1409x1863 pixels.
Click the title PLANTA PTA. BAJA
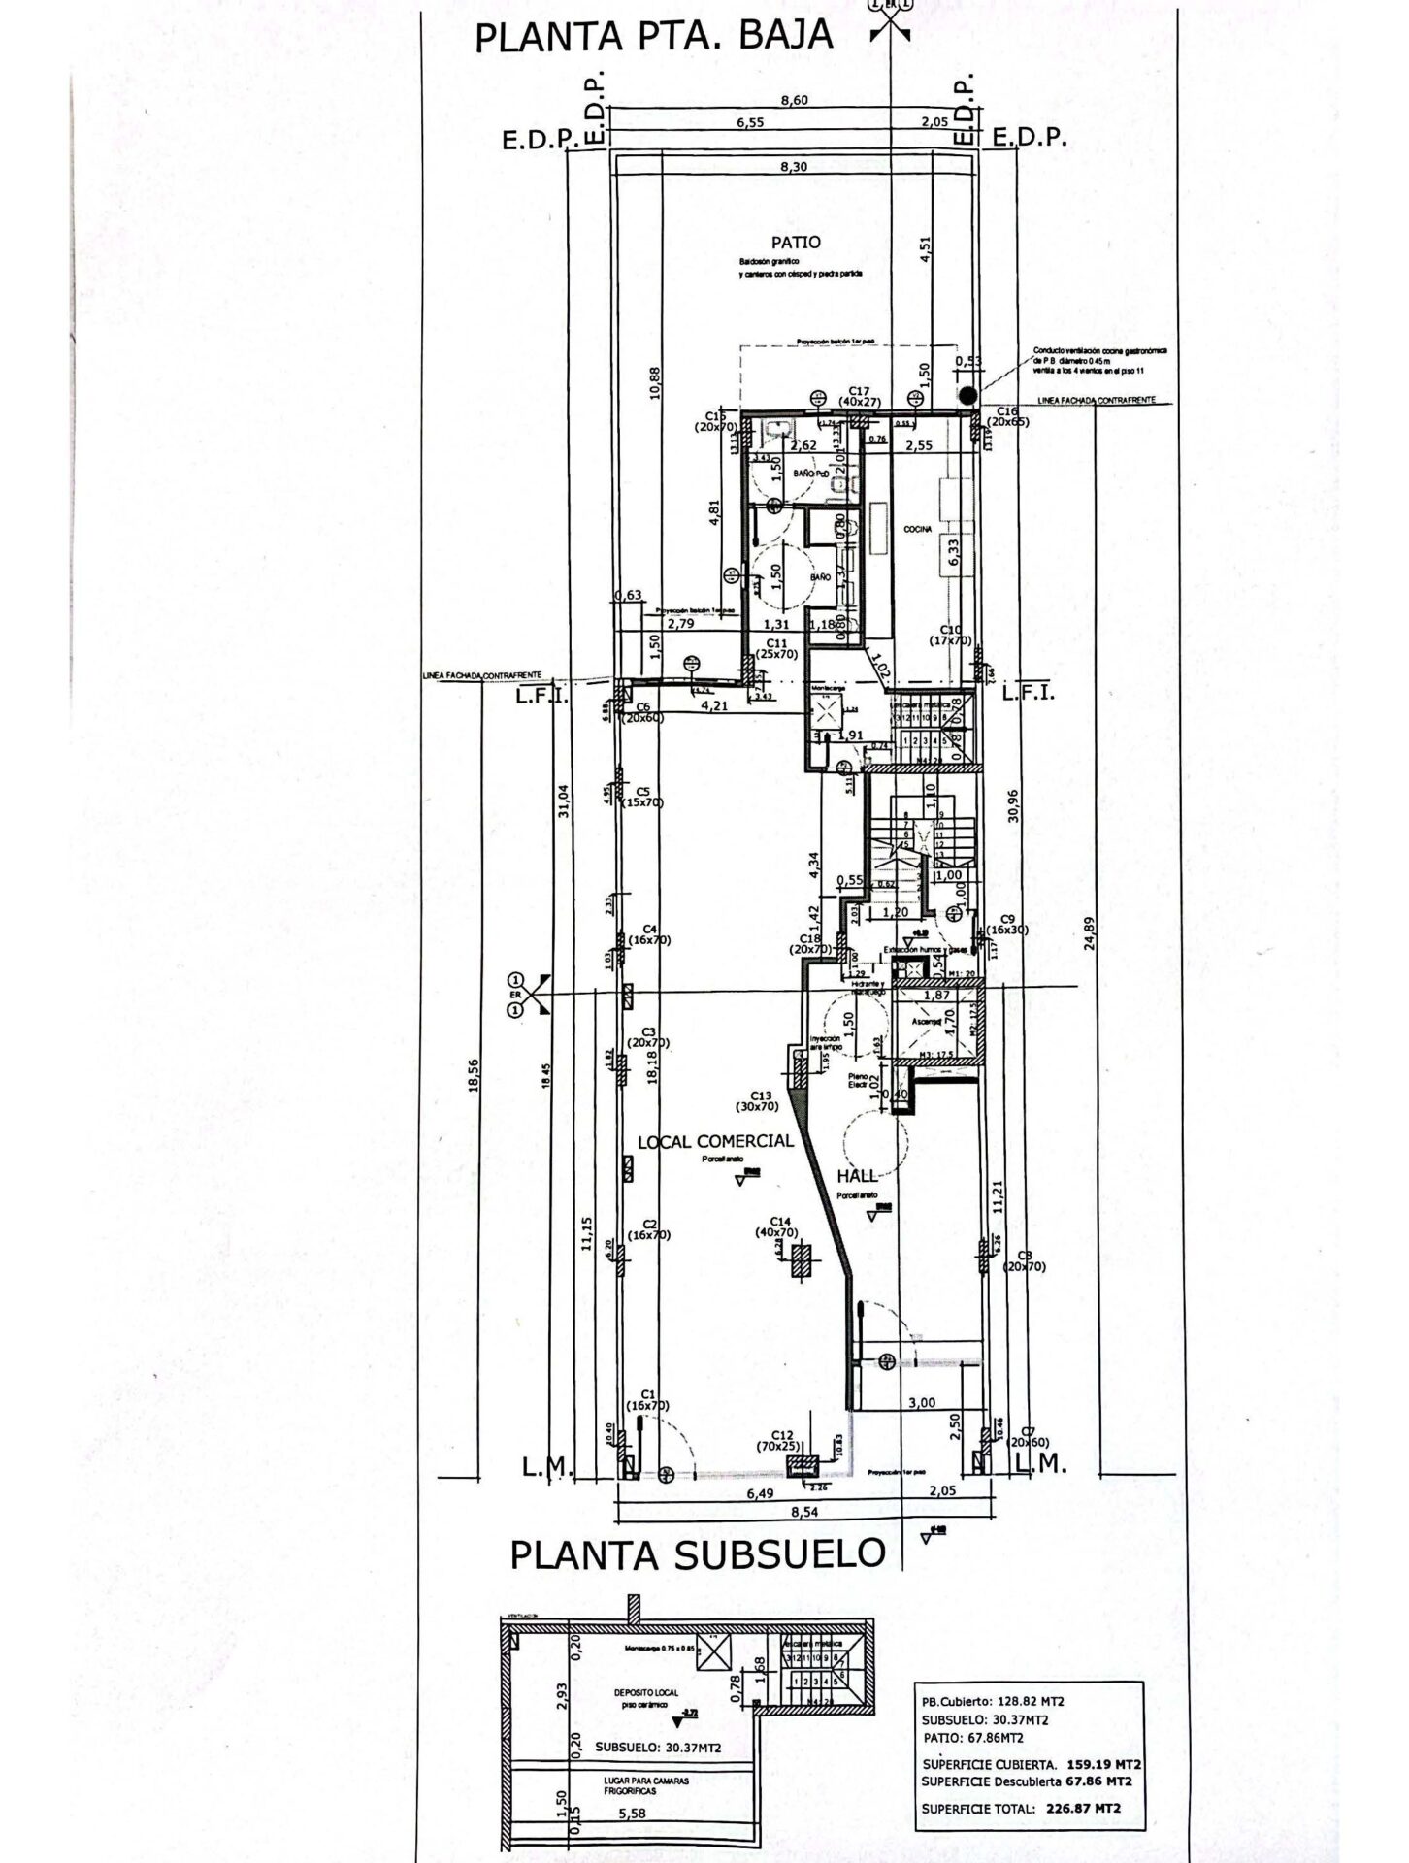(x=653, y=36)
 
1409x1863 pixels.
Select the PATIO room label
(x=796, y=243)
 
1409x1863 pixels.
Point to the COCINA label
(x=917, y=529)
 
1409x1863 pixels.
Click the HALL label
(x=857, y=1176)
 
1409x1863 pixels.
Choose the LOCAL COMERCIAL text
(x=715, y=1142)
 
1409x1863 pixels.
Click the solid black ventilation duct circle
(x=967, y=395)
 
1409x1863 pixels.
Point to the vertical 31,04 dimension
(x=565, y=801)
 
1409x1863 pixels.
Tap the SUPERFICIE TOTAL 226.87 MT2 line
(x=1021, y=1808)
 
